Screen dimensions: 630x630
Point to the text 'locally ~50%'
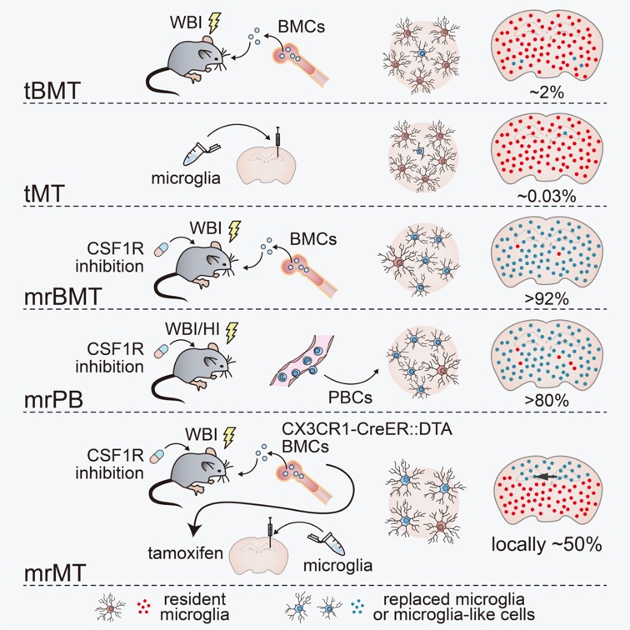pos(547,546)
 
